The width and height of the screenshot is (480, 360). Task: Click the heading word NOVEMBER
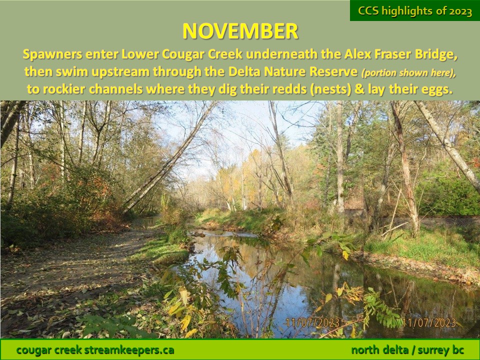(240, 31)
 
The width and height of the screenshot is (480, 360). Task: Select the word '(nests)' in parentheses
(331, 89)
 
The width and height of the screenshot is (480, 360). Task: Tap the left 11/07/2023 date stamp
(312, 322)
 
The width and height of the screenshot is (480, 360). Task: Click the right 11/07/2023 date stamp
(429, 322)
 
